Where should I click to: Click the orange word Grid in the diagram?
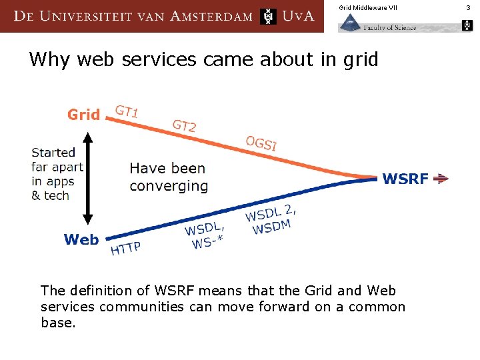[x=83, y=115]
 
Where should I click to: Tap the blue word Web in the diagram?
[x=81, y=239]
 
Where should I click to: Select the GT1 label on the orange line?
[x=127, y=111]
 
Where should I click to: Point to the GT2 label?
[x=184, y=125]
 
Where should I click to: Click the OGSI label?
[x=261, y=143]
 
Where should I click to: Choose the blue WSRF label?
[x=405, y=179]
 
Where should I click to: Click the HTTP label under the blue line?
[x=125, y=249]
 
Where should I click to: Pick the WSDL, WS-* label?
[x=204, y=235]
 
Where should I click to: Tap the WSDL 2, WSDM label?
[x=271, y=219]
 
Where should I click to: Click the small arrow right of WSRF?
[x=441, y=179]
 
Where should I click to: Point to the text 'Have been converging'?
[x=168, y=177]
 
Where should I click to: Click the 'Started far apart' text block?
[x=57, y=173]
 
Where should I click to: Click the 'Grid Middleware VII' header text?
[x=367, y=7]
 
